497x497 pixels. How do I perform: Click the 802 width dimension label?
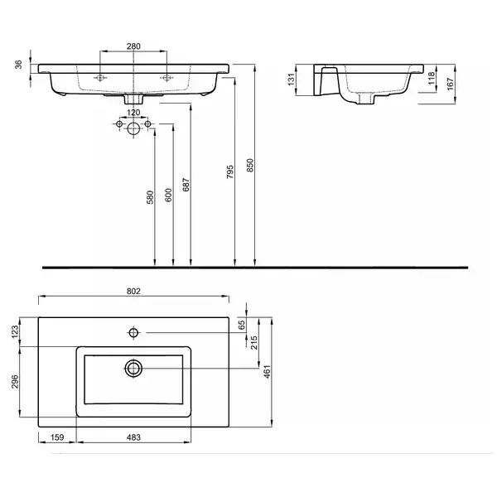click(133, 291)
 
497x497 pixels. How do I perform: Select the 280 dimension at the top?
click(133, 46)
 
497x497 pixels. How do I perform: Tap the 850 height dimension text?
click(250, 165)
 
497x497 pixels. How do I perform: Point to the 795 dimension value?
click(230, 171)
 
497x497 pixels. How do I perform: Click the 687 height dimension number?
click(186, 185)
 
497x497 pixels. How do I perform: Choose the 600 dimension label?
click(169, 195)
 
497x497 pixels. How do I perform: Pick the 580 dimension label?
click(150, 197)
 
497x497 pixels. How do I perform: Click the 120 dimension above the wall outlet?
click(133, 113)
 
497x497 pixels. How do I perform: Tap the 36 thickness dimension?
click(19, 65)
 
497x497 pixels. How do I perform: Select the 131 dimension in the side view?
click(291, 80)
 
